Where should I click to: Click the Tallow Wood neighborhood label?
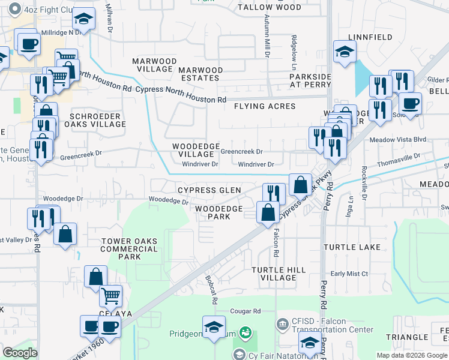click(x=269, y=7)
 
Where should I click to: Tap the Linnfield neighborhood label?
click(x=369, y=37)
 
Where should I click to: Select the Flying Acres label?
click(x=265, y=106)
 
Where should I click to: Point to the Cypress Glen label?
click(x=209, y=190)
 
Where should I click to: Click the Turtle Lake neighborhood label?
click(x=348, y=247)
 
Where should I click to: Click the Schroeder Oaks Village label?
click(x=98, y=120)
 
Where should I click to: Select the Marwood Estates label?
click(x=200, y=74)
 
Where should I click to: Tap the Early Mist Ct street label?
click(x=349, y=274)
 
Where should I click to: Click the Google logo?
click(x=20, y=353)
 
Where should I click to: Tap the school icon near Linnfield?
click(x=345, y=52)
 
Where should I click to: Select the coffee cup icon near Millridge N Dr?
click(x=28, y=43)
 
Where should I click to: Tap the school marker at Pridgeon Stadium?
click(x=213, y=328)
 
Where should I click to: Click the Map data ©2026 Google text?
click(x=412, y=355)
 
